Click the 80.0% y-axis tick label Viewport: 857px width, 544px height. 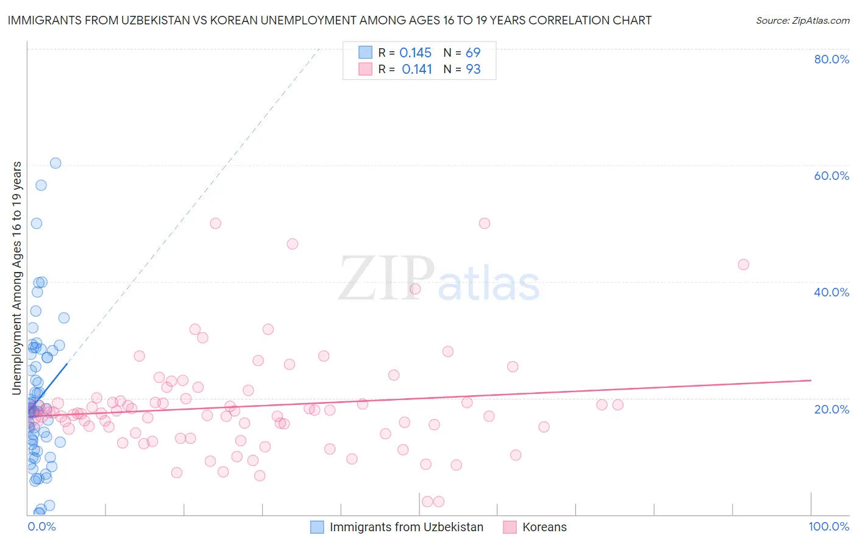(x=831, y=59)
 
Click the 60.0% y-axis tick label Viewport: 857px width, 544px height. (x=831, y=176)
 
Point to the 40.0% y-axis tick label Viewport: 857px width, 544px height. (x=831, y=292)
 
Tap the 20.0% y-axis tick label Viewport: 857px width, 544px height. (x=831, y=409)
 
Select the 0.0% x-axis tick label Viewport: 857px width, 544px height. (x=41, y=526)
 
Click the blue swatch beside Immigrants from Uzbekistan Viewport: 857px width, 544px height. (x=317, y=527)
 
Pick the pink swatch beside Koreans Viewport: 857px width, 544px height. (x=510, y=527)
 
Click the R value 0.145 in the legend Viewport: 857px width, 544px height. (x=415, y=53)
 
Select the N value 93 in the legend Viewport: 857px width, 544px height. (x=473, y=70)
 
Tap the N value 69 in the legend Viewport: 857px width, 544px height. (x=473, y=53)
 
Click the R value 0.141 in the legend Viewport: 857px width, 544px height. (x=417, y=70)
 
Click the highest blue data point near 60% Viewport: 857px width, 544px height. (x=55, y=163)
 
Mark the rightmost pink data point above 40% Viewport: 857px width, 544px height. (x=743, y=265)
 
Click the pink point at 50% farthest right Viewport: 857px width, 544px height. (x=485, y=223)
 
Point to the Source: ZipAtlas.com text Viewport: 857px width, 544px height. (x=803, y=21)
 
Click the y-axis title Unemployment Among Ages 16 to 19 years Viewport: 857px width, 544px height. (x=17, y=278)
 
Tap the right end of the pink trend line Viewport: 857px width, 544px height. (x=811, y=381)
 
